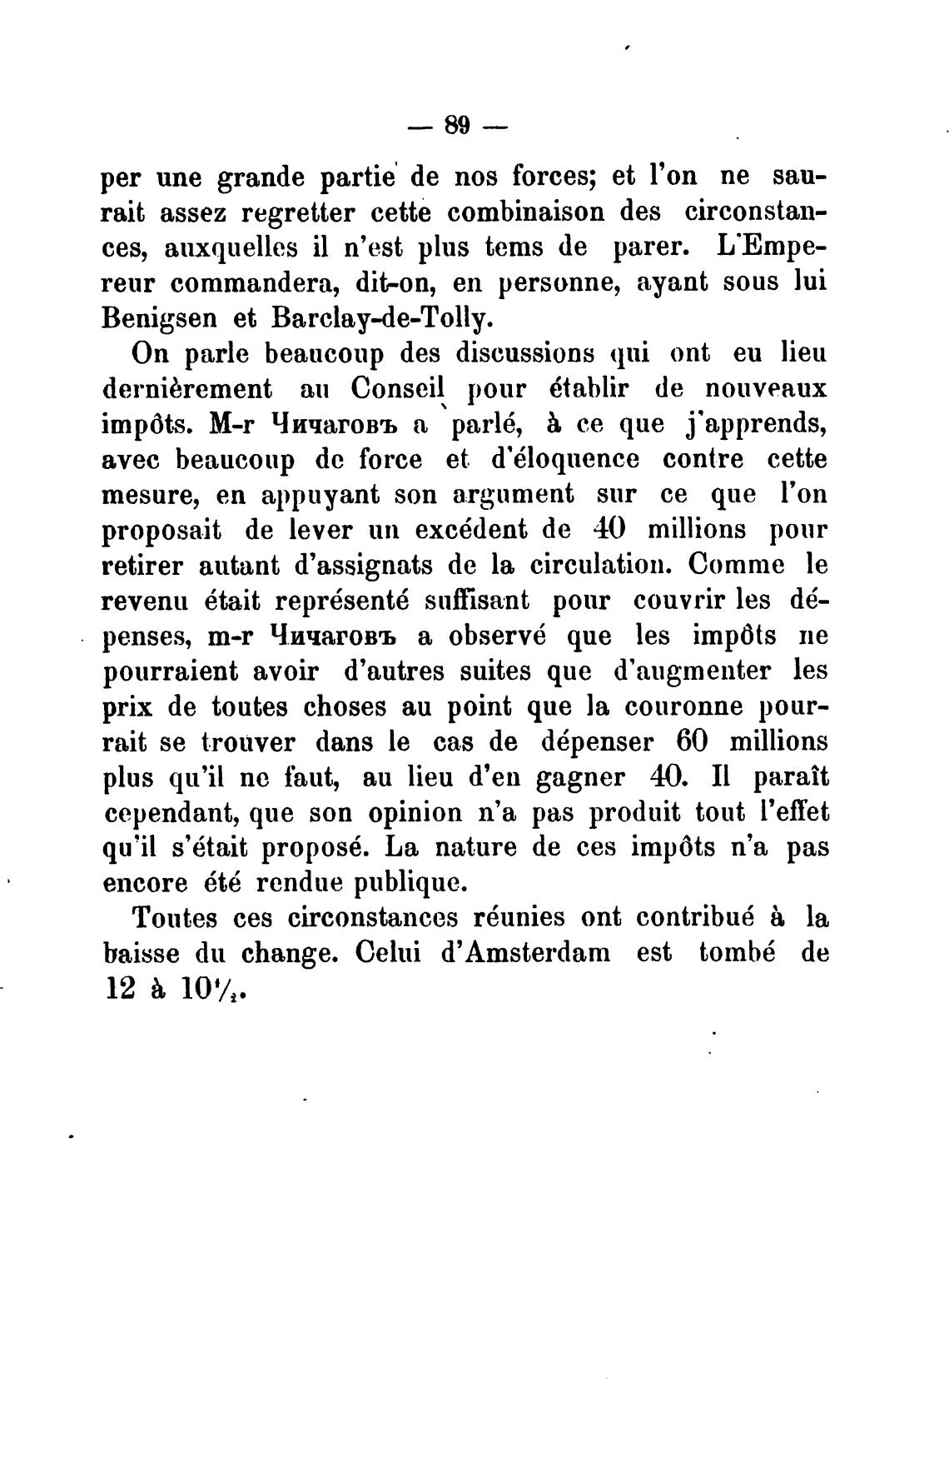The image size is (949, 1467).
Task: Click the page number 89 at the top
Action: point(459,126)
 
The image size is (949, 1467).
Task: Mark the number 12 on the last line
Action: point(118,989)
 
